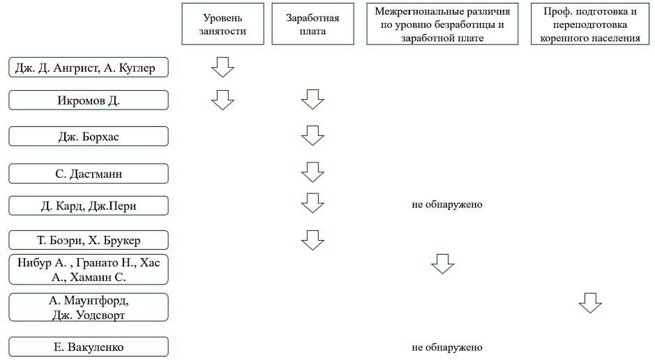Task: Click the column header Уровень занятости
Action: click(x=223, y=24)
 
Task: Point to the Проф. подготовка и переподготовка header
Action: click(x=589, y=24)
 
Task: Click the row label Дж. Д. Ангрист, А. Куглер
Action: click(x=89, y=68)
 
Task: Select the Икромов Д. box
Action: click(x=89, y=100)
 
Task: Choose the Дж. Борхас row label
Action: click(x=89, y=136)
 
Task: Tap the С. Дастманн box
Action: click(x=89, y=173)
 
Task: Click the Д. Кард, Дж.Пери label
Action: click(x=89, y=205)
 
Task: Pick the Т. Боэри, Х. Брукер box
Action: click(x=89, y=240)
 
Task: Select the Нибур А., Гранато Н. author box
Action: click(x=89, y=269)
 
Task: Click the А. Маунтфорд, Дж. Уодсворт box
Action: click(x=89, y=307)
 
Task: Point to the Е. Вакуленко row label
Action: click(x=89, y=347)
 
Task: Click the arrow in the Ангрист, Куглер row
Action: click(x=223, y=67)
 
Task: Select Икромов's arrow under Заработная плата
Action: click(x=313, y=100)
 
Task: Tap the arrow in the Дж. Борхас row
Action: click(x=313, y=135)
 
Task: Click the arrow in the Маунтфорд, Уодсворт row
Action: click(x=590, y=303)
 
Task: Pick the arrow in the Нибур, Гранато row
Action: click(x=442, y=264)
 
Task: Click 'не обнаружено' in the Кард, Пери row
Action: click(x=447, y=205)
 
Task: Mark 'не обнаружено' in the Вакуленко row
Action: click(x=447, y=347)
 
